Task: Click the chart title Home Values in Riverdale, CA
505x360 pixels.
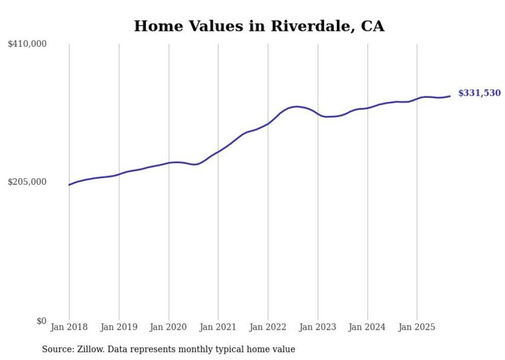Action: point(259,26)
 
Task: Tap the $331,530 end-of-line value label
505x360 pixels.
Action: point(479,93)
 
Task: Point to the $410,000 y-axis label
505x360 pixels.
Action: point(27,44)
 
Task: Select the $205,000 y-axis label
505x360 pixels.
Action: point(27,182)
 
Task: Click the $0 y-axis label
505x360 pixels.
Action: point(41,321)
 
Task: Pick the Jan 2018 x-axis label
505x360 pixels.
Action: point(69,327)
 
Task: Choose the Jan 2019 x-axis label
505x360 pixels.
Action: point(119,327)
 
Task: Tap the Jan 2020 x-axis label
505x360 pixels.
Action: point(169,327)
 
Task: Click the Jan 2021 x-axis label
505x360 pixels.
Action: point(218,327)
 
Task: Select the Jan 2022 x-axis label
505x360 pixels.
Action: point(268,327)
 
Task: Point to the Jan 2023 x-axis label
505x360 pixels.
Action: point(317,327)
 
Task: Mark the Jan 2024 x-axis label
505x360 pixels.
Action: point(367,327)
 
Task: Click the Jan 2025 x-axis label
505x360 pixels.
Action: point(417,327)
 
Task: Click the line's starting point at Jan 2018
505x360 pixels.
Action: point(69,184)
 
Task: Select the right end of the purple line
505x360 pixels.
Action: point(450,96)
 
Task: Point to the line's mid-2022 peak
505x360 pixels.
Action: point(296,107)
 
